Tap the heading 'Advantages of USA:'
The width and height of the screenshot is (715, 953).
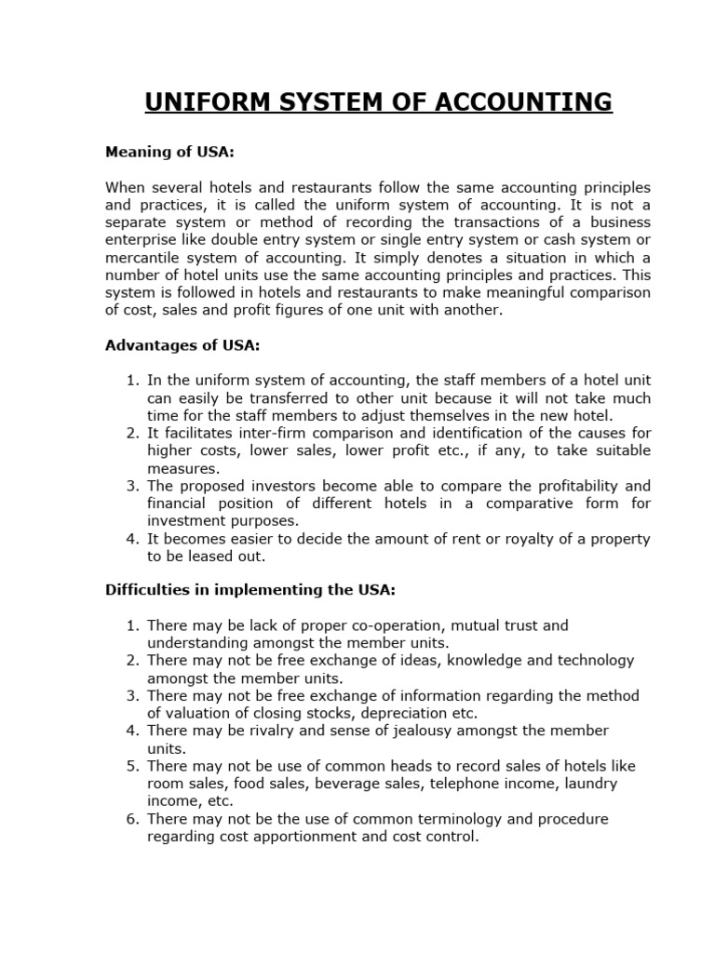coord(182,345)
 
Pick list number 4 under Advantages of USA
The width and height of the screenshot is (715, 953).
coord(132,539)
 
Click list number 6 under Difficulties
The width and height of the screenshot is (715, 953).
coord(132,819)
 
